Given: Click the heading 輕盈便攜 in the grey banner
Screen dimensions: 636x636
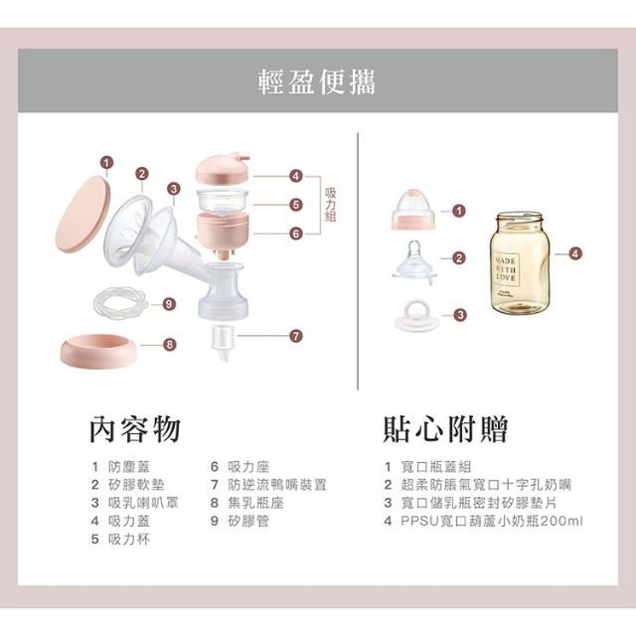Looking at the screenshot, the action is point(317,81).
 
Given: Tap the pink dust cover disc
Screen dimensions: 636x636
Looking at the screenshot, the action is point(82,215).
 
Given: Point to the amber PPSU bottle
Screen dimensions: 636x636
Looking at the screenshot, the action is point(520,262).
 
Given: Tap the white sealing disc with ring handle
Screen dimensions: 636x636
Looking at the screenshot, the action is point(417,316).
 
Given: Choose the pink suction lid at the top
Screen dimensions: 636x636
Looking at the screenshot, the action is point(223,168).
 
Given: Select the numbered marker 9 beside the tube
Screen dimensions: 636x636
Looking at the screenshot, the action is point(169,304).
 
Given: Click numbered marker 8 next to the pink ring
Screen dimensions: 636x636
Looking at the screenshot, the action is point(170,345).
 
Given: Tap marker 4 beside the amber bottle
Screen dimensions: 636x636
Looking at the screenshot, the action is point(574,254).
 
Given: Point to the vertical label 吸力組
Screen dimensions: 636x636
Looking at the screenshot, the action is point(331,205).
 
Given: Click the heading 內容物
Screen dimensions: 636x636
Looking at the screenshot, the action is point(135,429).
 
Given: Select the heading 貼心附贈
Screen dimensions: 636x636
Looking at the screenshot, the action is point(445,429).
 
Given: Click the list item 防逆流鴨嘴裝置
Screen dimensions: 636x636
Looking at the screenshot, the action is point(277,485).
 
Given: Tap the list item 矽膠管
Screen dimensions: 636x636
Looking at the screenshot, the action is point(248,521).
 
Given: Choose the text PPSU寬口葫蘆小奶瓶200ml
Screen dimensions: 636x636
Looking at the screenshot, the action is point(492,521).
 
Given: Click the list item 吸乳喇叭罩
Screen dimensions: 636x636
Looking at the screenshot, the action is point(143,503).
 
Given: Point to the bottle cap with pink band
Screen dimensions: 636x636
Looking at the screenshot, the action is point(413,210).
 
